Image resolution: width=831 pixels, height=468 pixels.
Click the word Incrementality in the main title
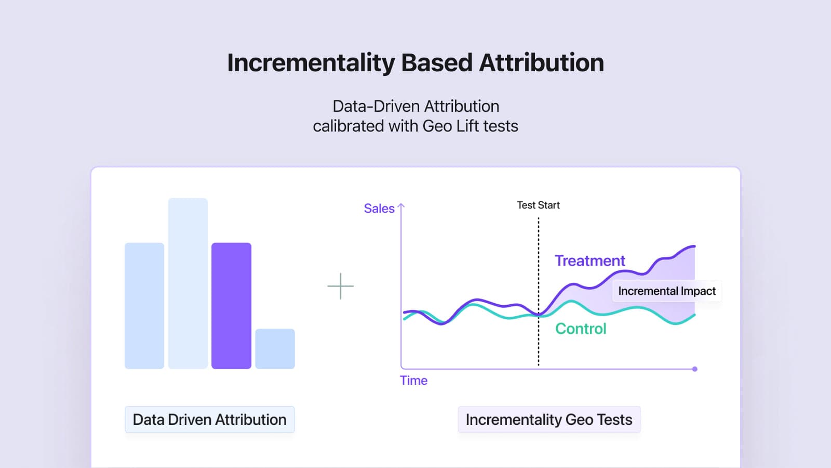click(x=311, y=63)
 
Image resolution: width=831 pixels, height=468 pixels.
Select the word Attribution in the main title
click(x=541, y=63)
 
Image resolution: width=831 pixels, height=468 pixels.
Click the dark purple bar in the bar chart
click(x=231, y=306)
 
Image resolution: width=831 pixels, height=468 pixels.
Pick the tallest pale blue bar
click(x=187, y=283)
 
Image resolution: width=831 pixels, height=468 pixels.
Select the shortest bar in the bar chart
click(x=275, y=348)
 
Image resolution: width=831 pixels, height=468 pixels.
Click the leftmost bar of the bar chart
click(x=144, y=306)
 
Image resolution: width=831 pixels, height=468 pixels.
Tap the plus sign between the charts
click(x=341, y=286)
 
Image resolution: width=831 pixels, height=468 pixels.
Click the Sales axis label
click(x=379, y=209)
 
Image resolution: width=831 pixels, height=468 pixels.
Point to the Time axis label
click(x=413, y=381)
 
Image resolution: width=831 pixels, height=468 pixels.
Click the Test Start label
click(x=538, y=205)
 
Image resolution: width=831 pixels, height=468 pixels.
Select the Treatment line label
click(x=589, y=261)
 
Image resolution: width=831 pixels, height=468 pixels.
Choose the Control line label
click(x=581, y=329)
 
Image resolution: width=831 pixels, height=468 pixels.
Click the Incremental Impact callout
click(x=667, y=291)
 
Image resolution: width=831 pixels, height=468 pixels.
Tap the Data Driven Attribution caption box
click(x=210, y=420)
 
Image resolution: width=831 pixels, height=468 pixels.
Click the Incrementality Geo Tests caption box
click(x=549, y=420)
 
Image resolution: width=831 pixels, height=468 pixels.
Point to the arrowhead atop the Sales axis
click(x=401, y=206)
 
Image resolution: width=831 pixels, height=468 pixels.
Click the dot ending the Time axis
click(x=695, y=369)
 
